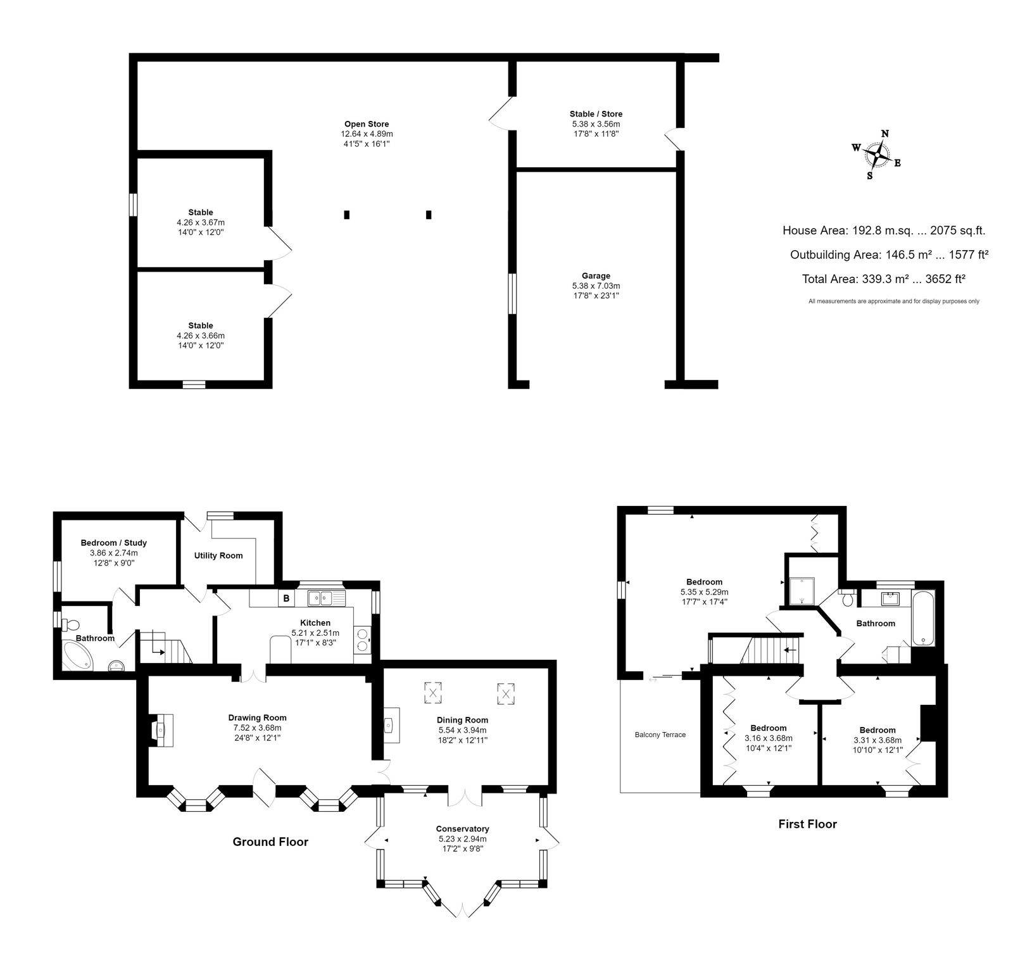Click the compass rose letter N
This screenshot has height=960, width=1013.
pos(885,134)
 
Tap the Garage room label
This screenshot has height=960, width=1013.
pos(596,275)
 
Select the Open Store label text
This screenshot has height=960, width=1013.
pos(367,124)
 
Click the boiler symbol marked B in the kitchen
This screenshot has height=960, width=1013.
pos(286,598)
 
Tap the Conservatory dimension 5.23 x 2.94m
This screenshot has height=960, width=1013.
pos(462,839)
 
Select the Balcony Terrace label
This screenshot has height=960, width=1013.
pos(660,735)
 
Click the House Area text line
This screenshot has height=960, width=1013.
pos(884,231)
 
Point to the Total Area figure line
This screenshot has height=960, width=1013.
pos(883,279)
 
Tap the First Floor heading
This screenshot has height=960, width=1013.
pos(807,824)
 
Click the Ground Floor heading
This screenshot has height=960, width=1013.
pos(270,842)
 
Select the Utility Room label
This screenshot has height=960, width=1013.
pos(218,555)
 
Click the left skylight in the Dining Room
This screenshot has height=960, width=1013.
pos(434,692)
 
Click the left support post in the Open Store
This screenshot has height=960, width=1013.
pos(346,215)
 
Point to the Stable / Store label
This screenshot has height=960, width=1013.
pos(596,114)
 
